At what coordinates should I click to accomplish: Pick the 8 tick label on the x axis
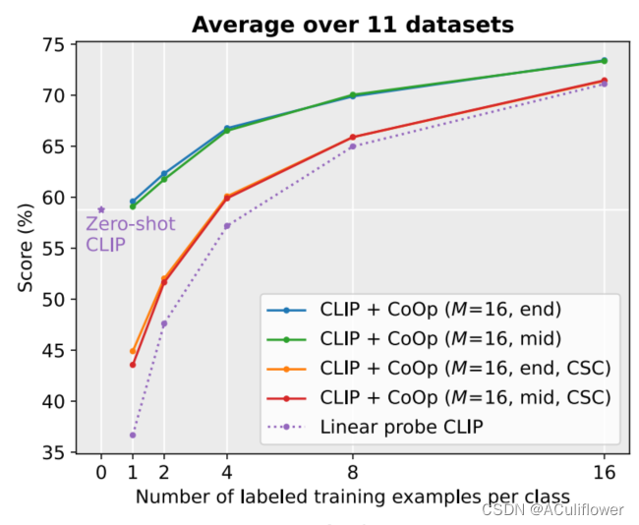pyautogui.click(x=352, y=474)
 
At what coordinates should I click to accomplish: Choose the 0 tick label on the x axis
pyautogui.click(x=101, y=474)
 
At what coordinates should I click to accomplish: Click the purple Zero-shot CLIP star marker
pyautogui.click(x=101, y=209)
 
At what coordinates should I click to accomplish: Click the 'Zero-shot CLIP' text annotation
pyautogui.click(x=116, y=235)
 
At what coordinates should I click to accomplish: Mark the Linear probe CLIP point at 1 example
pyautogui.click(x=133, y=435)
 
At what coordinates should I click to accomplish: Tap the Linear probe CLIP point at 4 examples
pyautogui.click(x=227, y=226)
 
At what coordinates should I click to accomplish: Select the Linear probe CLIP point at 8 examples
pyautogui.click(x=352, y=146)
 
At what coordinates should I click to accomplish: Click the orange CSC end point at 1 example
pyautogui.click(x=133, y=351)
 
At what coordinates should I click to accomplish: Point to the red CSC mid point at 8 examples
pyautogui.click(x=352, y=137)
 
